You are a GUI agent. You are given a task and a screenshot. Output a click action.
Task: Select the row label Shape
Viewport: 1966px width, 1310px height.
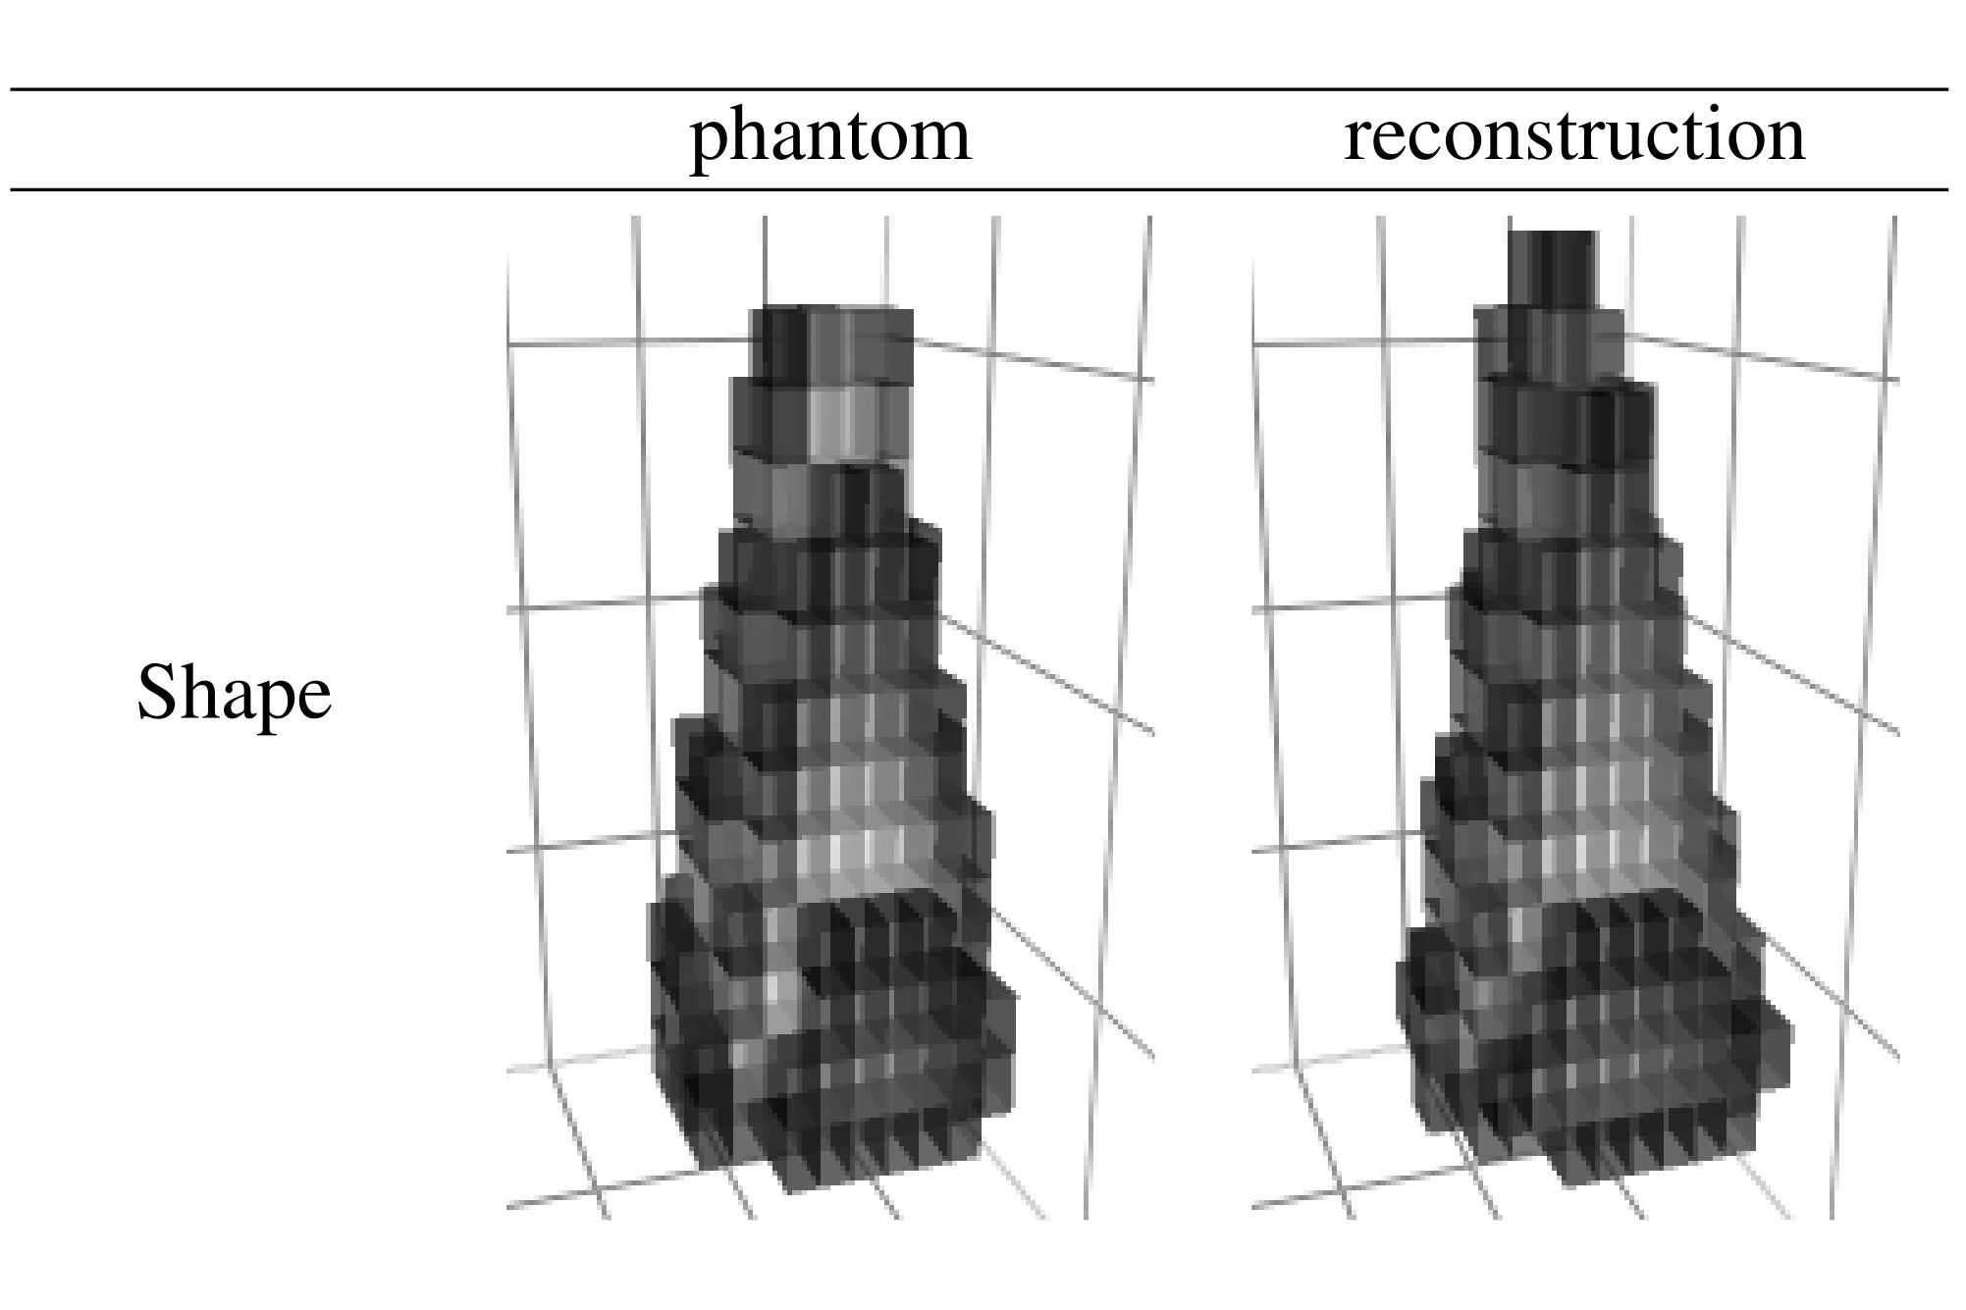(234, 693)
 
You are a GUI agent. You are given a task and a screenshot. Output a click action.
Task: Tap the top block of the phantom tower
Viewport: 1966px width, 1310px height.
(831, 343)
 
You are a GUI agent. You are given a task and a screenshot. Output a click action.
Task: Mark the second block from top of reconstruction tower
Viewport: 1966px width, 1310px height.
(1551, 343)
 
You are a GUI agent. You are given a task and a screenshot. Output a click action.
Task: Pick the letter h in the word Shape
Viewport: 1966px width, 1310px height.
(198, 691)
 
